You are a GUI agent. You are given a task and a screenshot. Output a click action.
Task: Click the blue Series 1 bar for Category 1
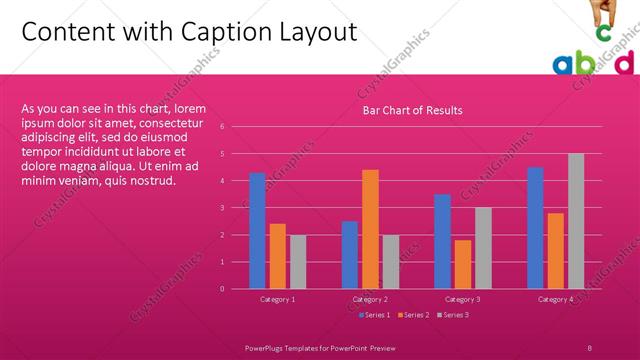[258, 231]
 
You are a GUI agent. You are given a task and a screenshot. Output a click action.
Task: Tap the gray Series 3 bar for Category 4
[576, 221]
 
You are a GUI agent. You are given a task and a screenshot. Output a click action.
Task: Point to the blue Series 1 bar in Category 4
[535, 228]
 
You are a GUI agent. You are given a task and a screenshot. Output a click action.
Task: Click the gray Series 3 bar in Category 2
[390, 262]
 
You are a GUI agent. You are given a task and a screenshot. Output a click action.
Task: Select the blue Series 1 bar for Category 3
[442, 241]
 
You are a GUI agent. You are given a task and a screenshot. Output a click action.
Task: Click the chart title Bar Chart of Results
[412, 110]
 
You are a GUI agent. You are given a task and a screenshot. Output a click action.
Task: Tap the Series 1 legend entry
[374, 315]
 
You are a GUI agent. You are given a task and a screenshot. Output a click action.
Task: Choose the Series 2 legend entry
[414, 315]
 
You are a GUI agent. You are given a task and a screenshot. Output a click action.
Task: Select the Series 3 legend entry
[453, 315]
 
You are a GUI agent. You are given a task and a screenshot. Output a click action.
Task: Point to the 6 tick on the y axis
[235, 127]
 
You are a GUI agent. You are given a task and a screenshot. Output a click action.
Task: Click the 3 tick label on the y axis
[235, 208]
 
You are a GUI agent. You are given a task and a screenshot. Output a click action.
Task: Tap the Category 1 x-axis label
[278, 299]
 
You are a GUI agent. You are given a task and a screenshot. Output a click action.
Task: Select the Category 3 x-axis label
[462, 299]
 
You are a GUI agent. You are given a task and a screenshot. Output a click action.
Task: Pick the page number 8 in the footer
[590, 346]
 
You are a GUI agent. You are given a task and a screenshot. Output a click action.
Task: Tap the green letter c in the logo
[603, 33]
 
